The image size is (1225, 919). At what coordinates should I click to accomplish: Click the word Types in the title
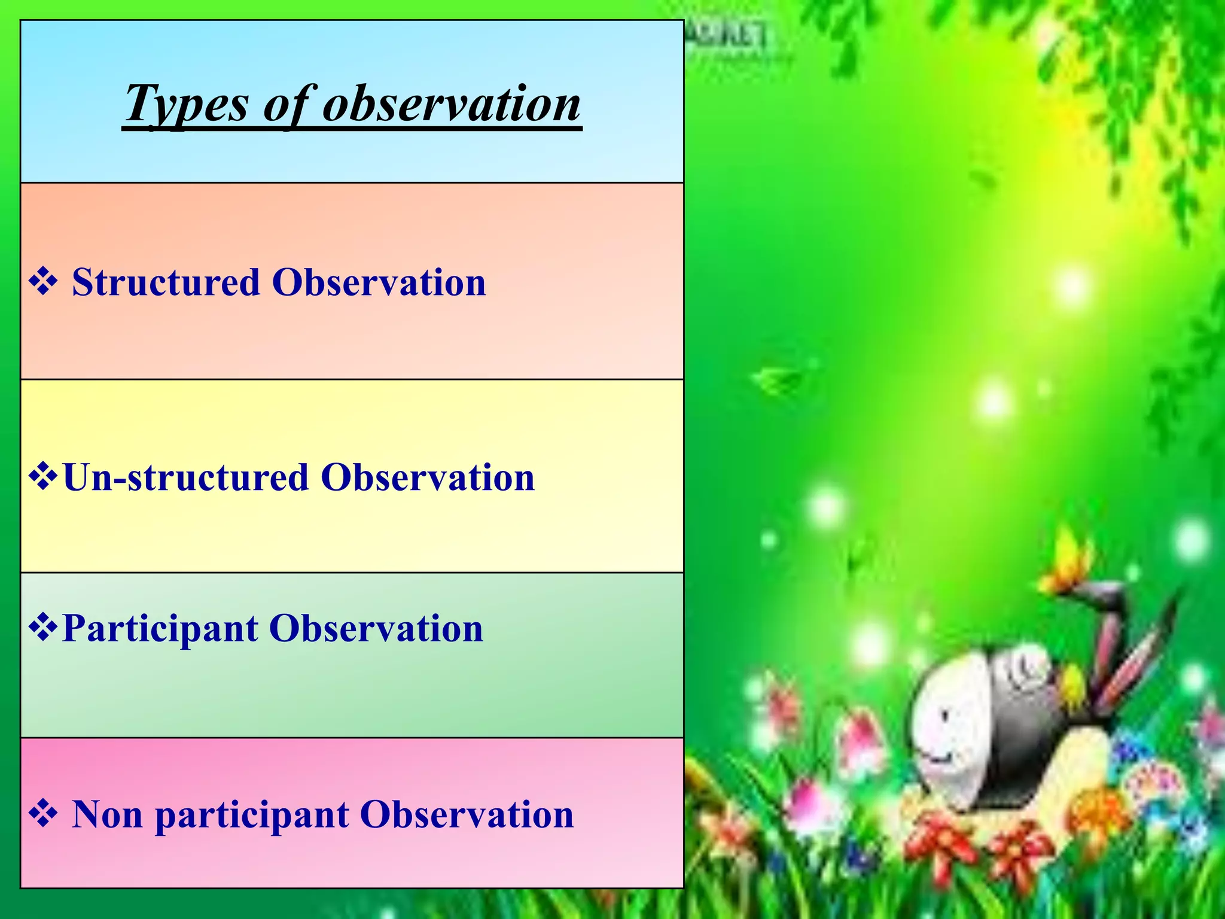coord(186,104)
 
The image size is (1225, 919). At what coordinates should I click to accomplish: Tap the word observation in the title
coord(452,104)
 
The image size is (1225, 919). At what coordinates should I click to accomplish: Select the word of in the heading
coord(288,104)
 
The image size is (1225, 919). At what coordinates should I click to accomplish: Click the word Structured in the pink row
coord(166,282)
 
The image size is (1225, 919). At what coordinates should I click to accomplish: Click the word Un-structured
coord(186,478)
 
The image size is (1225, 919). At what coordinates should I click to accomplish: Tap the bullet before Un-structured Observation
coord(43,477)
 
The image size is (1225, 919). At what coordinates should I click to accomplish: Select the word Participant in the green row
coord(160,629)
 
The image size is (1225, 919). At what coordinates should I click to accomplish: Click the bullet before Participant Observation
coord(43,628)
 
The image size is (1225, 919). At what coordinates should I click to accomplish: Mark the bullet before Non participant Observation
coord(43,814)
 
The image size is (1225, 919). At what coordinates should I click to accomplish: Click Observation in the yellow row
coord(428,478)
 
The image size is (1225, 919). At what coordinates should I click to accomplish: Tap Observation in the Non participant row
coord(467,815)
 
